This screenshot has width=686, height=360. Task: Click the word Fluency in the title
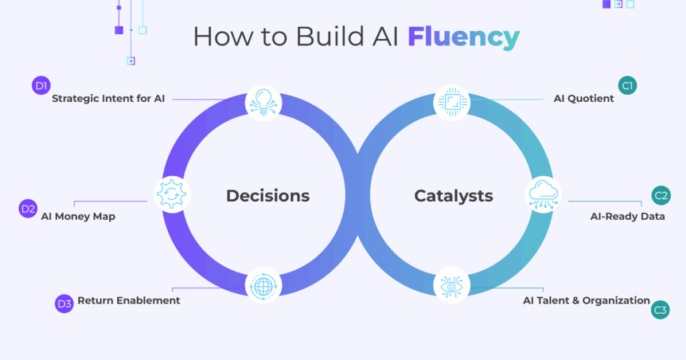464,37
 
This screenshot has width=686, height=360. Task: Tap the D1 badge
42,85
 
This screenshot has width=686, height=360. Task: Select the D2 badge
28,208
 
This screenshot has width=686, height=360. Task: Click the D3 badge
64,304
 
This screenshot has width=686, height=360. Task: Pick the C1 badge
628,85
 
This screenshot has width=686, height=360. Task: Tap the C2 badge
661,196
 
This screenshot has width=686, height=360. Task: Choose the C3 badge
661,310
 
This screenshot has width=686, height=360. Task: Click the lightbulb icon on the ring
263,103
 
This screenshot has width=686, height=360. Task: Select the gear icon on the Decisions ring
172,194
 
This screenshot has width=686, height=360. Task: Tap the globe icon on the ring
263,286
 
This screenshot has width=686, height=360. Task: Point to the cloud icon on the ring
543,194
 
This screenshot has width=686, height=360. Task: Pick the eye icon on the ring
452,286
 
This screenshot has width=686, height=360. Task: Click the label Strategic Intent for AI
108,99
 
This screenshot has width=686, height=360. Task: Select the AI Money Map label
78,217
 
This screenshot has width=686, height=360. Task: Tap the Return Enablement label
129,300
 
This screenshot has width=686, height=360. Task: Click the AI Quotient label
584,99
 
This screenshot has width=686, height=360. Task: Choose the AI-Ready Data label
627,217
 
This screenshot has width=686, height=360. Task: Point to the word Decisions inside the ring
268,196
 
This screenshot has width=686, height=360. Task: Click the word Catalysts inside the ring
454,196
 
